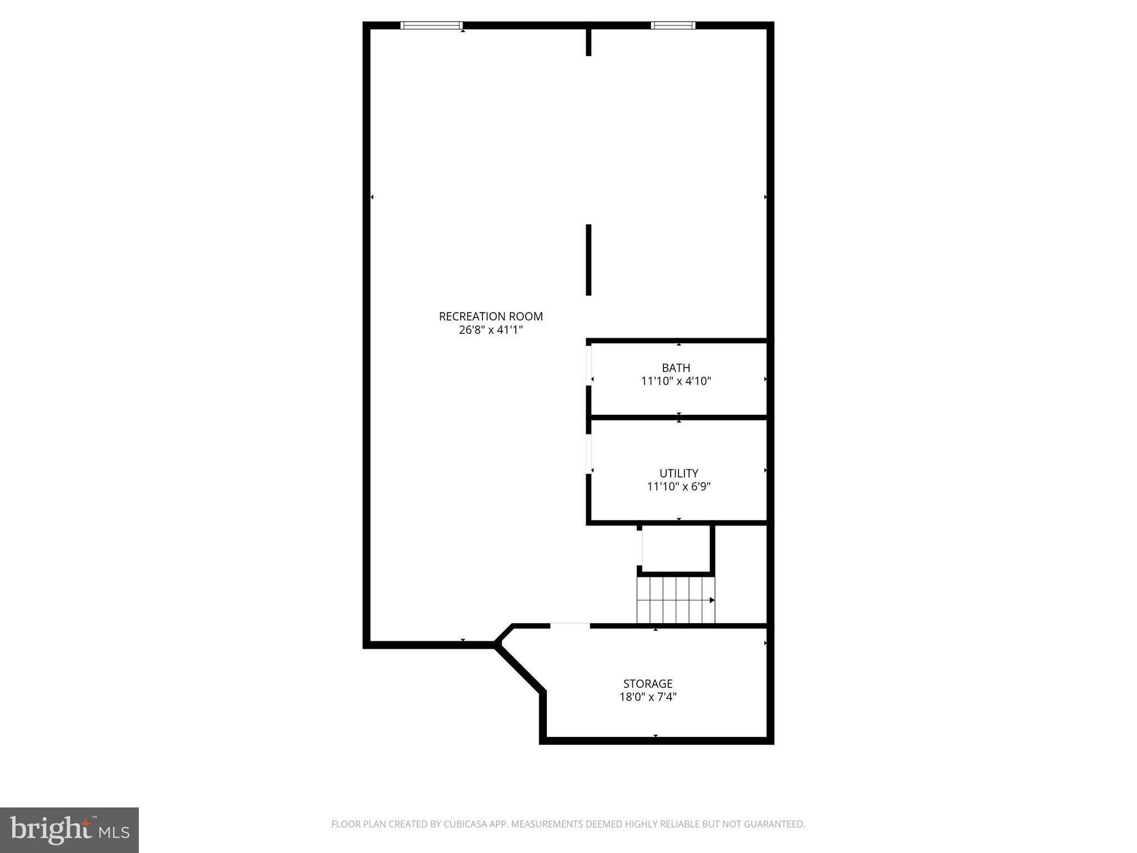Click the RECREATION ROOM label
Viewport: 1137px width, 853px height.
click(x=491, y=317)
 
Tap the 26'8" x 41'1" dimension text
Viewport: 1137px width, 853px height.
click(x=491, y=330)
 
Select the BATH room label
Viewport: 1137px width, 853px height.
click(x=676, y=368)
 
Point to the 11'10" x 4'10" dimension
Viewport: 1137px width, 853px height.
click(x=676, y=382)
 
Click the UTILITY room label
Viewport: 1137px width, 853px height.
click(x=678, y=473)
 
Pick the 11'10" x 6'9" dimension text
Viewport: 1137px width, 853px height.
click(x=678, y=487)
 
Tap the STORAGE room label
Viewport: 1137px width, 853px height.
click(x=647, y=684)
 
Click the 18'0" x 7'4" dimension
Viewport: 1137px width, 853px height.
click(x=647, y=697)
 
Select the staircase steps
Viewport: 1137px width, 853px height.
click(x=675, y=600)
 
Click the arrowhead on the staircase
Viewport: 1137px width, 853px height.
click(x=712, y=600)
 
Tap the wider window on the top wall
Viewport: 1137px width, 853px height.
click(x=431, y=25)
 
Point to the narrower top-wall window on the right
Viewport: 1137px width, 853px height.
click(x=672, y=25)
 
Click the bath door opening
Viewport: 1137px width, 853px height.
click(x=588, y=365)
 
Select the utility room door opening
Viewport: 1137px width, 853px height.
click(x=588, y=453)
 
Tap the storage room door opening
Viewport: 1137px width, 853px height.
click(x=570, y=626)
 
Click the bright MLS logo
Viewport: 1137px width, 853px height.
click(x=69, y=830)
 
